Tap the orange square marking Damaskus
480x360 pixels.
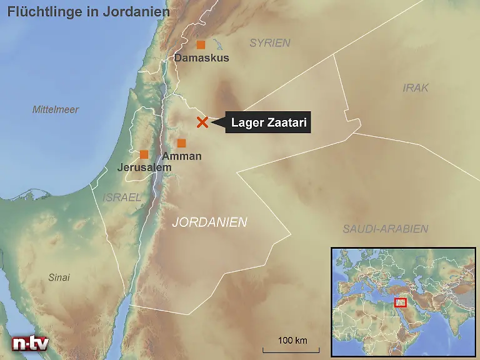pyautogui.click(x=201, y=44)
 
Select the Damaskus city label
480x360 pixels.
pyautogui.click(x=201, y=58)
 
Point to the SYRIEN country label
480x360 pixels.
pyautogui.click(x=270, y=43)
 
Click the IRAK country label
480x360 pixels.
pyautogui.click(x=416, y=88)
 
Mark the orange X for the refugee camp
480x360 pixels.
pyautogui.click(x=202, y=122)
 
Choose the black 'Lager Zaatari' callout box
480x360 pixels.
pyautogui.click(x=268, y=123)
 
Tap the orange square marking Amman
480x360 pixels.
pyautogui.click(x=181, y=143)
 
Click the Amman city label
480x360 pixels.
pyautogui.click(x=181, y=156)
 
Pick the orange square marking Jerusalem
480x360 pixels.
pyautogui.click(x=144, y=154)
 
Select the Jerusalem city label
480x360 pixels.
pyautogui.click(x=144, y=167)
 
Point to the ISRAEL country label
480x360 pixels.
pyautogui.click(x=122, y=197)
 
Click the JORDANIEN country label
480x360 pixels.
pyautogui.click(x=209, y=222)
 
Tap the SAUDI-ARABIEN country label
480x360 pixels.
pyautogui.click(x=385, y=229)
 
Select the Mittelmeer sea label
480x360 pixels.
pyautogui.click(x=56, y=109)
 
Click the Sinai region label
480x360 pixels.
pyautogui.click(x=59, y=277)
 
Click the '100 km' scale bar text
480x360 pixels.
pyautogui.click(x=292, y=340)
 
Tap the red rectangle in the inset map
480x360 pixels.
pyautogui.click(x=401, y=302)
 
